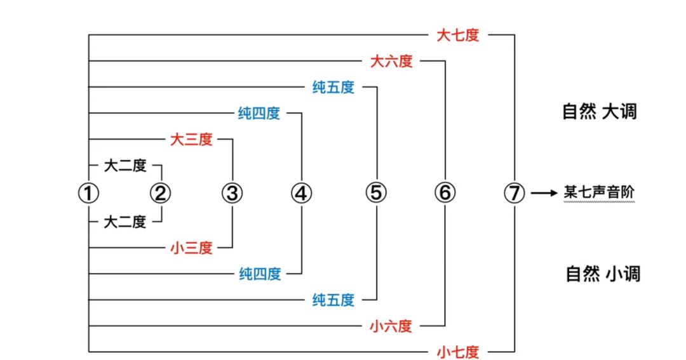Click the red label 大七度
tap(457, 35)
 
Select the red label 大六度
tap(391, 61)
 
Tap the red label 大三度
tap(191, 139)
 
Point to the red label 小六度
tap(391, 326)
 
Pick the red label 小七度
tap(457, 352)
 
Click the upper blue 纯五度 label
tap(333, 87)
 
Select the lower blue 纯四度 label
tap(260, 274)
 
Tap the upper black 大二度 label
tap(125, 166)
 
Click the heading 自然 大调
tap(600, 112)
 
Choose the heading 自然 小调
tap(603, 274)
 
